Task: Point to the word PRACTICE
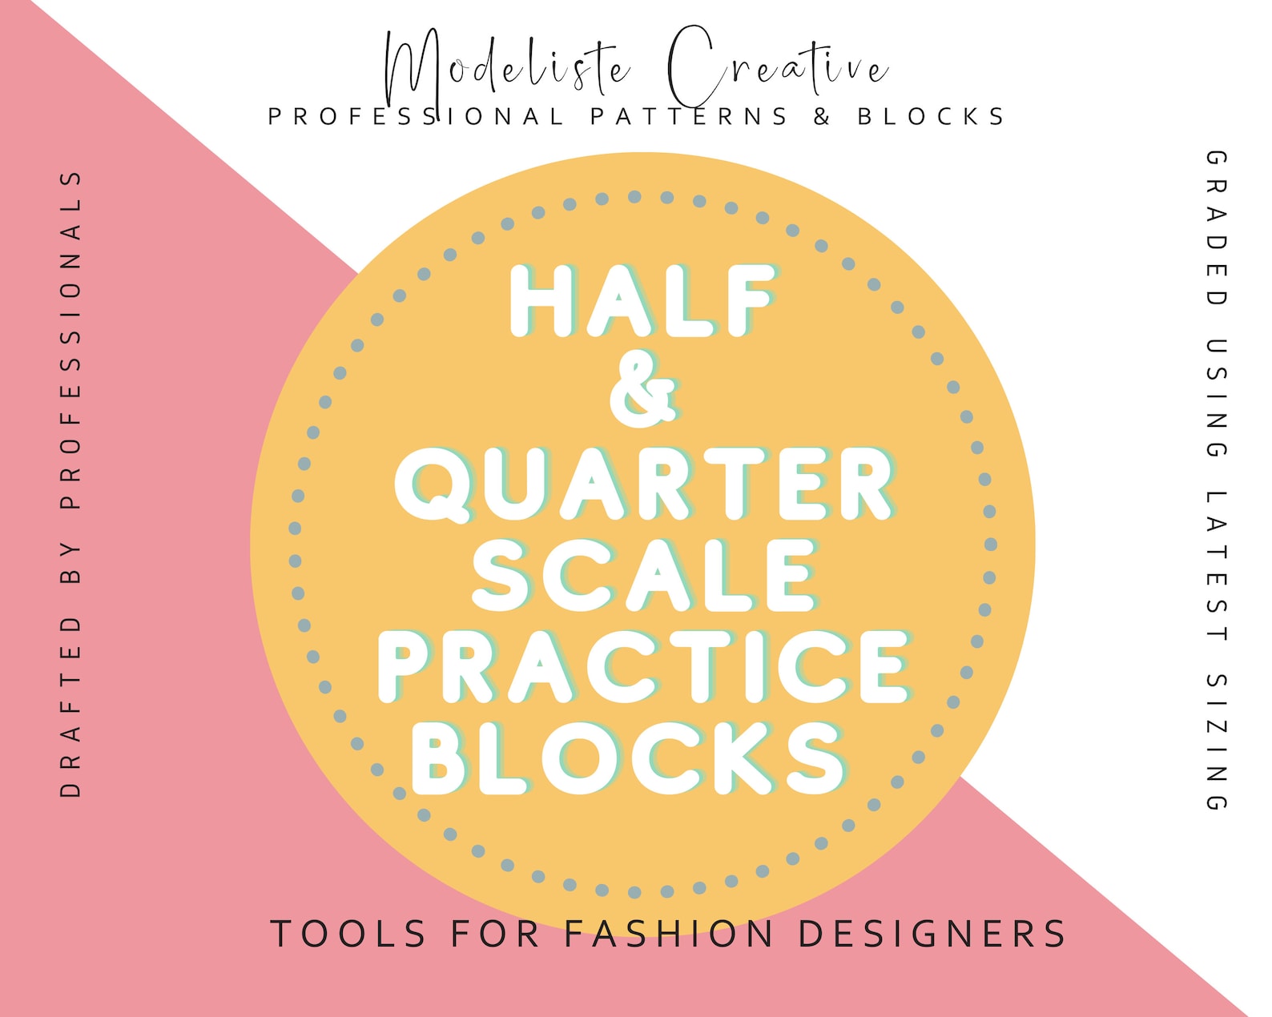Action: tap(643, 667)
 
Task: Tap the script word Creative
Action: tap(777, 68)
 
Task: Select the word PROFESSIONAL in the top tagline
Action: tap(417, 117)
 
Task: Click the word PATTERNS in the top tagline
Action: tap(690, 117)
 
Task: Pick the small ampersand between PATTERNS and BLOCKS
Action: tap(822, 117)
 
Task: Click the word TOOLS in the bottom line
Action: tap(348, 934)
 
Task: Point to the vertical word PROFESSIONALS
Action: tap(71, 340)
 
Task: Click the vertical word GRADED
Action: tap(1217, 228)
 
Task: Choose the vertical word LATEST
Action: tap(1217, 565)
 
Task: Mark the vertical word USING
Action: tap(1217, 398)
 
